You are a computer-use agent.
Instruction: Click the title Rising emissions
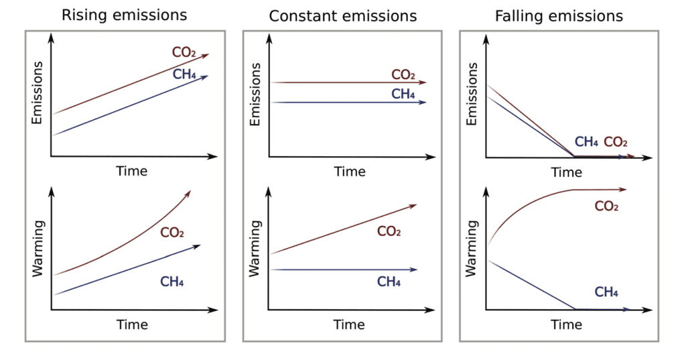point(124,15)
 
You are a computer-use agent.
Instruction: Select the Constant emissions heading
point(342,15)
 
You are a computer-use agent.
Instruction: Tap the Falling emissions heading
point(559,15)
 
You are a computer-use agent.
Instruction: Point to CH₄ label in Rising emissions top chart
point(184,74)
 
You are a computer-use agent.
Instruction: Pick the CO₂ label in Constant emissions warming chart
point(389,231)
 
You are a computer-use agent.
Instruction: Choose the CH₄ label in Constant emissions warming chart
point(389,282)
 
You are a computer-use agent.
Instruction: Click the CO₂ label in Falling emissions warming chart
point(606,206)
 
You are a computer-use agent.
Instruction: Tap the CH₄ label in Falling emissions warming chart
point(606,292)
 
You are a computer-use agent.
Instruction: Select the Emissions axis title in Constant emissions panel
point(255,94)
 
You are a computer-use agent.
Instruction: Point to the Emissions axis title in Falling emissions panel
point(472,94)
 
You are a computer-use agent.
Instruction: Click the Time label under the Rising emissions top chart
point(132,171)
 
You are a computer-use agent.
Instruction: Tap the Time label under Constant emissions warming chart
point(349,325)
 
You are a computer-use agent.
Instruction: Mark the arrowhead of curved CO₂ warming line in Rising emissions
point(188,193)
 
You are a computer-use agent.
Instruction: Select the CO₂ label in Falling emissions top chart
point(616,142)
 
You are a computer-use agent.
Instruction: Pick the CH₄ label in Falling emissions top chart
point(587,142)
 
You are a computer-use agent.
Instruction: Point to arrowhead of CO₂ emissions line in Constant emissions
point(423,82)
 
